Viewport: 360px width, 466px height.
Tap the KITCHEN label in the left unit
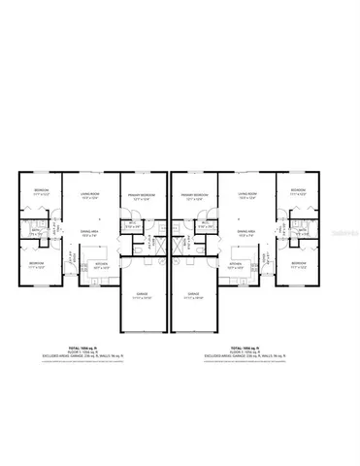pyautogui.click(x=101, y=263)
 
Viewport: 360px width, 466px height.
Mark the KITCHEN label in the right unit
pyautogui.click(x=235, y=263)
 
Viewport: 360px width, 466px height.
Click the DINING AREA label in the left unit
pyautogui.click(x=88, y=231)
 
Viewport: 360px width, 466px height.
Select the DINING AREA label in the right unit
pyautogui.click(x=246, y=231)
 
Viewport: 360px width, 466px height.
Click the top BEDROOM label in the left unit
pyautogui.click(x=41, y=189)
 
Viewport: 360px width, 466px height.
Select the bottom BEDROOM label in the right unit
pyautogui.click(x=297, y=263)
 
